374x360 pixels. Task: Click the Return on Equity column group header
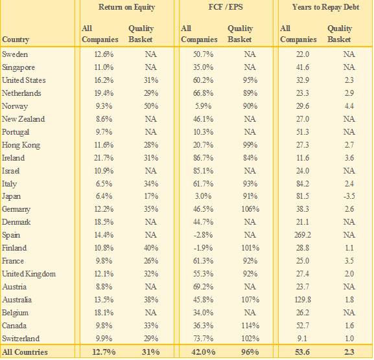[126, 7]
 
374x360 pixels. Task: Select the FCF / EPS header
[226, 7]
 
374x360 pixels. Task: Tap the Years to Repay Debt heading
[325, 7]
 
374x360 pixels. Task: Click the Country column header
[16, 39]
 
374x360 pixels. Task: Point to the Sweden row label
[15, 54]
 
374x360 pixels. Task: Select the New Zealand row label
[23, 119]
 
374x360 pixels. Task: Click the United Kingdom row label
[29, 274]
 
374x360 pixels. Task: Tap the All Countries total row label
[25, 352]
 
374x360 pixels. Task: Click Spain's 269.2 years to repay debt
[303, 235]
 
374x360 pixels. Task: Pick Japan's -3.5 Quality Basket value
[349, 196]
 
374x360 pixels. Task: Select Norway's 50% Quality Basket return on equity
[151, 106]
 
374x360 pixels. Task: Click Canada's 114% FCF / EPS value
[250, 326]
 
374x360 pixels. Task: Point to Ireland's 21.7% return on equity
[104, 158]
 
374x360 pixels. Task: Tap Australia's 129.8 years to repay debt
[303, 300]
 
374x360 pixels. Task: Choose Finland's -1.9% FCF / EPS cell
[203, 248]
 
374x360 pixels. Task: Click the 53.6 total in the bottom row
[303, 352]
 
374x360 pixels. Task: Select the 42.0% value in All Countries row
[204, 352]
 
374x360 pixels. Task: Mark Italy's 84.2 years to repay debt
[303, 184]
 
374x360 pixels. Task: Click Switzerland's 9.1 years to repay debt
[303, 339]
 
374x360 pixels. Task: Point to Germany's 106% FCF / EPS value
[250, 209]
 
